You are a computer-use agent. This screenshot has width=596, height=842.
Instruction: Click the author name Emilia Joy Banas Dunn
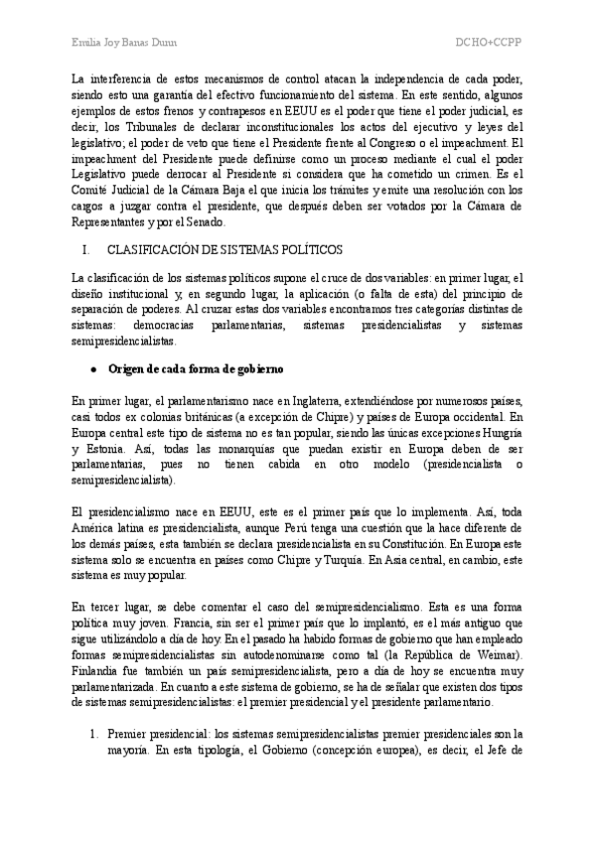[121, 43]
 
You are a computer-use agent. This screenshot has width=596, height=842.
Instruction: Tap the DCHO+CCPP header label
[489, 43]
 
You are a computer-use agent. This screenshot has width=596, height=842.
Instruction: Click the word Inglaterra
[302, 400]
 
